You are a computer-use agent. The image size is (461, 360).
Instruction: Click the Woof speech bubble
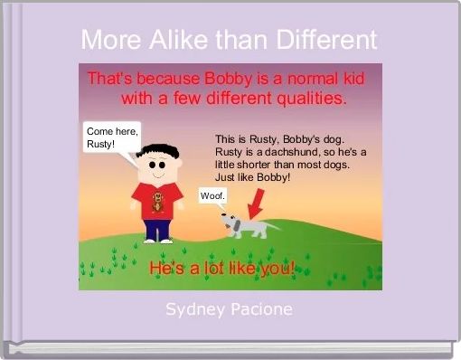pos(212,195)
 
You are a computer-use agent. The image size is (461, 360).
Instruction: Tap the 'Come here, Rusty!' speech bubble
pos(112,138)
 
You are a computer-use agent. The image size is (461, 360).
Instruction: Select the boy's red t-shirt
pos(157,201)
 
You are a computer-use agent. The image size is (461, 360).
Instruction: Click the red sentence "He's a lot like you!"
pos(222,270)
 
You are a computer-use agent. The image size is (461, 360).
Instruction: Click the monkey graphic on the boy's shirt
pos(158,202)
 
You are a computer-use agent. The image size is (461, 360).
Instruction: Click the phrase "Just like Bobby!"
pos(252,177)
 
